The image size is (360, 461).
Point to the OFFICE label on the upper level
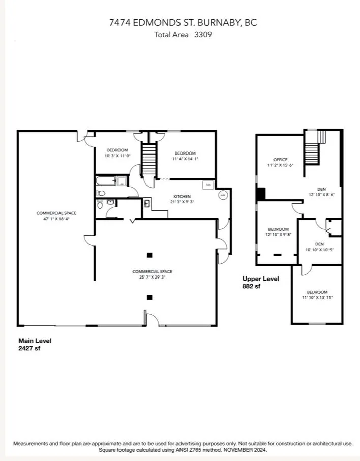tap(280, 160)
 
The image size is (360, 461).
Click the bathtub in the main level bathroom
tap(105, 180)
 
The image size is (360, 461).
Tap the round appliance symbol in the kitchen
tap(222, 195)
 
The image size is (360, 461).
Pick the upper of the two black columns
tap(149, 255)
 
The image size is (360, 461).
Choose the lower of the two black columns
tap(149, 297)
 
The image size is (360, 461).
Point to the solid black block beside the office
tap(261, 194)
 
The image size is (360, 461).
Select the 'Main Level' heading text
tap(35, 341)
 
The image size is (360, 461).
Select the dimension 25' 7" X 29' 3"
tap(149, 278)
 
